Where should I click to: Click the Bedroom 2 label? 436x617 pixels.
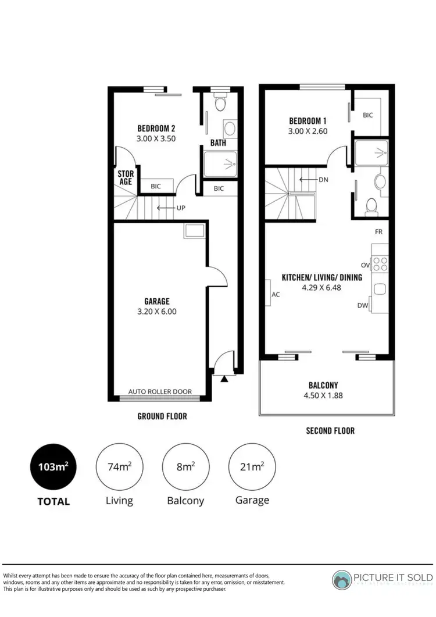pos(156,129)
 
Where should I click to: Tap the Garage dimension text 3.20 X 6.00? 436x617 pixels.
pos(156,311)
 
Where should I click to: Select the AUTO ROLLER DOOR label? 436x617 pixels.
pos(160,391)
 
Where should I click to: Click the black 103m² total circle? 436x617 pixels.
pos(53,466)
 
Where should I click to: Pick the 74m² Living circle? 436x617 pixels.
pos(119,466)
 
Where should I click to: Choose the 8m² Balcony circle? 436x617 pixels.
pos(185,466)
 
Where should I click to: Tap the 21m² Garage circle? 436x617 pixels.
pos(252,466)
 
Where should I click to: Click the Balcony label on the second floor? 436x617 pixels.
pos(324,385)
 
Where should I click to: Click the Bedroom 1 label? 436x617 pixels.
pos(308,121)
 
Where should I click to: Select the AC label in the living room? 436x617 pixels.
pos(276,294)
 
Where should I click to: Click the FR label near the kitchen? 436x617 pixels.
pos(378,231)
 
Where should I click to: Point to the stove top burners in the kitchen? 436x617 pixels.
pos(380,264)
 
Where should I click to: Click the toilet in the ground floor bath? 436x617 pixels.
pos(219,104)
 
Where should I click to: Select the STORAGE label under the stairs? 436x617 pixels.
pos(126,177)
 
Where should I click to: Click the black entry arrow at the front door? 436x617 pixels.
pos(224,378)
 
